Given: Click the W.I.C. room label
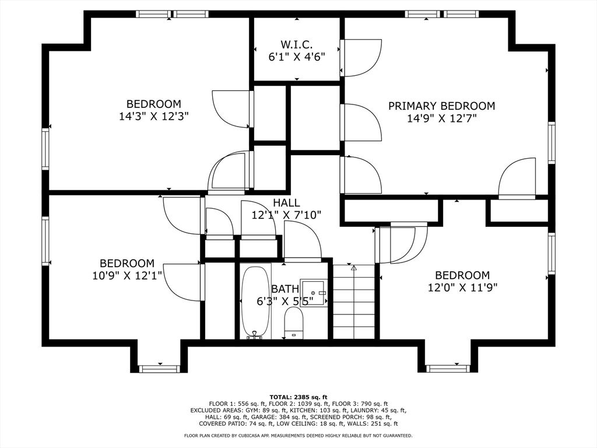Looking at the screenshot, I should click(x=296, y=44).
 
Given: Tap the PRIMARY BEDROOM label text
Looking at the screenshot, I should click(x=441, y=106).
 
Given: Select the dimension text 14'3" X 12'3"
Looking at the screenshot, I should click(x=154, y=117).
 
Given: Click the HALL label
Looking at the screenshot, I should click(x=286, y=203).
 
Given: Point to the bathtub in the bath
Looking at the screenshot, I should click(x=255, y=302).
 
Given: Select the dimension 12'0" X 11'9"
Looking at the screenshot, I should click(x=462, y=287).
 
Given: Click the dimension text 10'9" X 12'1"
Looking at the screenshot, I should click(x=127, y=275).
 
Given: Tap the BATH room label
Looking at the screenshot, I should click(x=285, y=289).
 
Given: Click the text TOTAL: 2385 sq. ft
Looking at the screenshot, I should click(x=298, y=397).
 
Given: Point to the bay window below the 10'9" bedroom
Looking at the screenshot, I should click(x=159, y=368).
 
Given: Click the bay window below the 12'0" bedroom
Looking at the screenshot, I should click(x=447, y=368).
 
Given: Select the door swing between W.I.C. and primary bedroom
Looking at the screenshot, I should click(x=360, y=57).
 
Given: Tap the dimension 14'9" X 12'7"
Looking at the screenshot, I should click(x=441, y=118).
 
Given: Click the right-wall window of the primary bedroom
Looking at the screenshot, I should click(x=551, y=142).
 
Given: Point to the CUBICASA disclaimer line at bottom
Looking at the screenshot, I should click(x=298, y=436).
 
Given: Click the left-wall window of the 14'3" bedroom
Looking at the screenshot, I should click(x=45, y=149).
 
